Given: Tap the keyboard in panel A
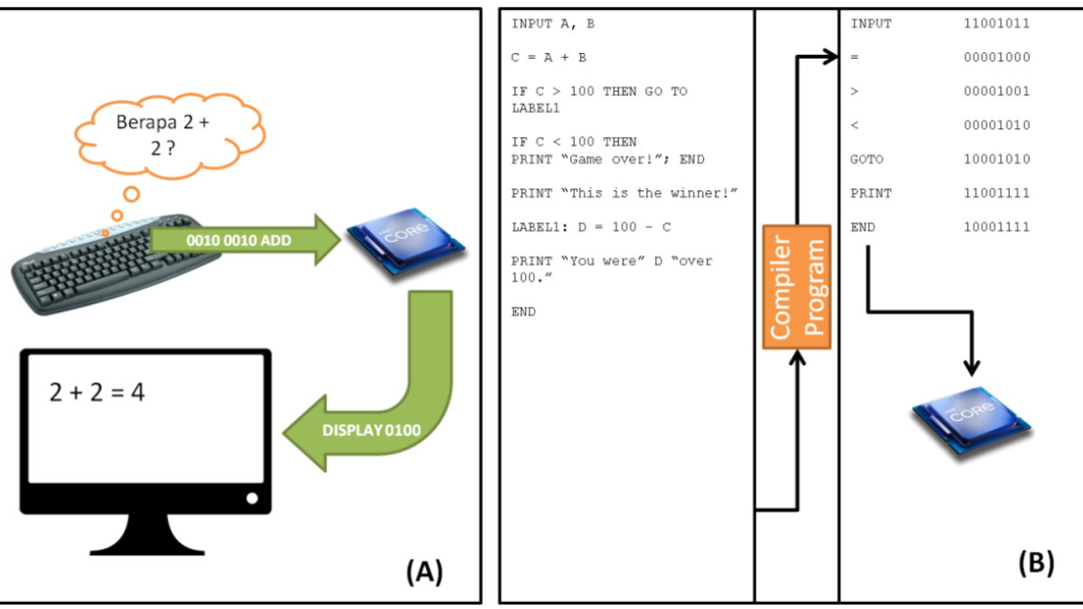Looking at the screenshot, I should pos(113,262).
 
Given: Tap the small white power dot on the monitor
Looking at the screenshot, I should pos(252,498).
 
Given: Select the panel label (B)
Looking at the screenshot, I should pos(1036,562).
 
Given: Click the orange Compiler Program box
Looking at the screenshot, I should pos(797,287).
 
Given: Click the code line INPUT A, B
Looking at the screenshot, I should pos(553,23).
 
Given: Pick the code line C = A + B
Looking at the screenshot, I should pos(549,58).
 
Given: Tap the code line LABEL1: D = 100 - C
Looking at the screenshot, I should pos(590,226).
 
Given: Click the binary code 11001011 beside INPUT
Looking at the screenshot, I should pos(996,23).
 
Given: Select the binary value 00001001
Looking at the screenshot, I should pos(996,91).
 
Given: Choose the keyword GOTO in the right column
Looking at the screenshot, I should pos(867,159).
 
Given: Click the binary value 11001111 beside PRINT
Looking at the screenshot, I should pos(996,193).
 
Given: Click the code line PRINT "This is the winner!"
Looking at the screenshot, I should pos(625,193).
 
